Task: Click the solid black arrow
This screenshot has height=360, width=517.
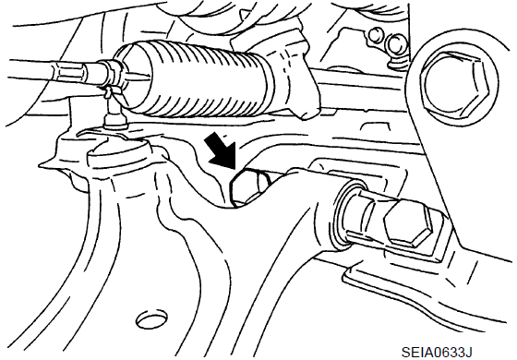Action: [x=221, y=150]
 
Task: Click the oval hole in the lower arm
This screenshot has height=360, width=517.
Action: [x=152, y=318]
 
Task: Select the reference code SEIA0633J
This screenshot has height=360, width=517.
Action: [x=437, y=352]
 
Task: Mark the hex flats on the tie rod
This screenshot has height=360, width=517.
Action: [x=68, y=74]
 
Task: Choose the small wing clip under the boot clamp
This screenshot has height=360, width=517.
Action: [x=110, y=91]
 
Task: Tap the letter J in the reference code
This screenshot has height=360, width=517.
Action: [x=469, y=352]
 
